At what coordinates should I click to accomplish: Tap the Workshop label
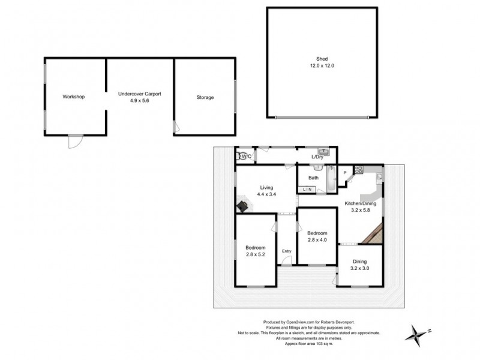click(74, 97)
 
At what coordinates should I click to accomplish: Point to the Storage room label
click(205, 97)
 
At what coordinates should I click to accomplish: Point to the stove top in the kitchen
click(359, 170)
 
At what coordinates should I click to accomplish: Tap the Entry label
click(287, 251)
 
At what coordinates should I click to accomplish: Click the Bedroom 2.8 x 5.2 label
click(256, 251)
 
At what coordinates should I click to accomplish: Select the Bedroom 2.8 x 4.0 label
click(317, 236)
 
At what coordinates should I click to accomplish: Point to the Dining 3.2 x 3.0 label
click(360, 265)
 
